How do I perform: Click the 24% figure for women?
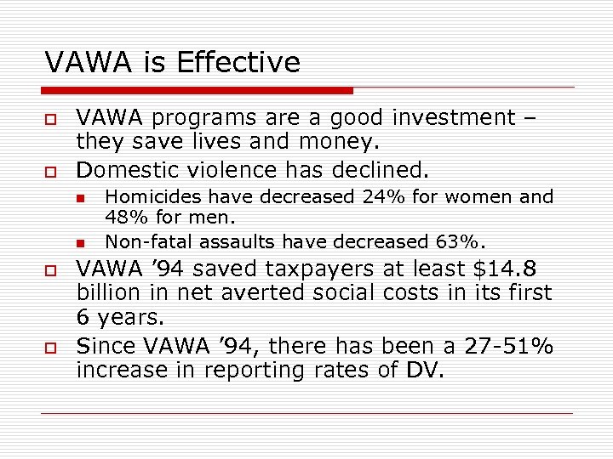click(383, 197)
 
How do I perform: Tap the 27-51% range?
click(508, 347)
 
